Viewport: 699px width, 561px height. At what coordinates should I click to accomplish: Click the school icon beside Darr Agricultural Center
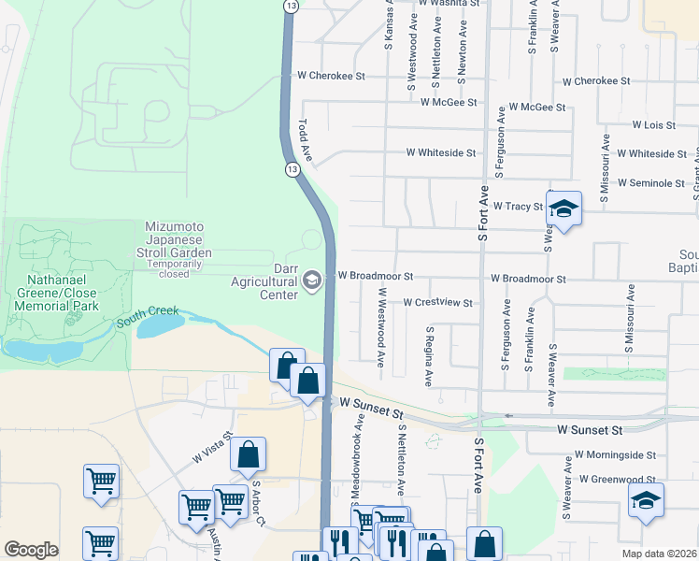(312, 280)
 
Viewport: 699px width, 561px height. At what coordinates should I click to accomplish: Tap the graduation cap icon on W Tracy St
(563, 209)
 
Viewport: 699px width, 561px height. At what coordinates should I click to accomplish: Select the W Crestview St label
(437, 303)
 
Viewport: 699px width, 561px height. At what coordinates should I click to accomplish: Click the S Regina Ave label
(430, 356)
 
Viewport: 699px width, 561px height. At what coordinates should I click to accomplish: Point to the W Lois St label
(653, 124)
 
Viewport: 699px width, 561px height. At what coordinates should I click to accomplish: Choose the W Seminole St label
(650, 183)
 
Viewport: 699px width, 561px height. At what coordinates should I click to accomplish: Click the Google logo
(31, 550)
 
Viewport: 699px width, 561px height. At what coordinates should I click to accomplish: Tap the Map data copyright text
(660, 554)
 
